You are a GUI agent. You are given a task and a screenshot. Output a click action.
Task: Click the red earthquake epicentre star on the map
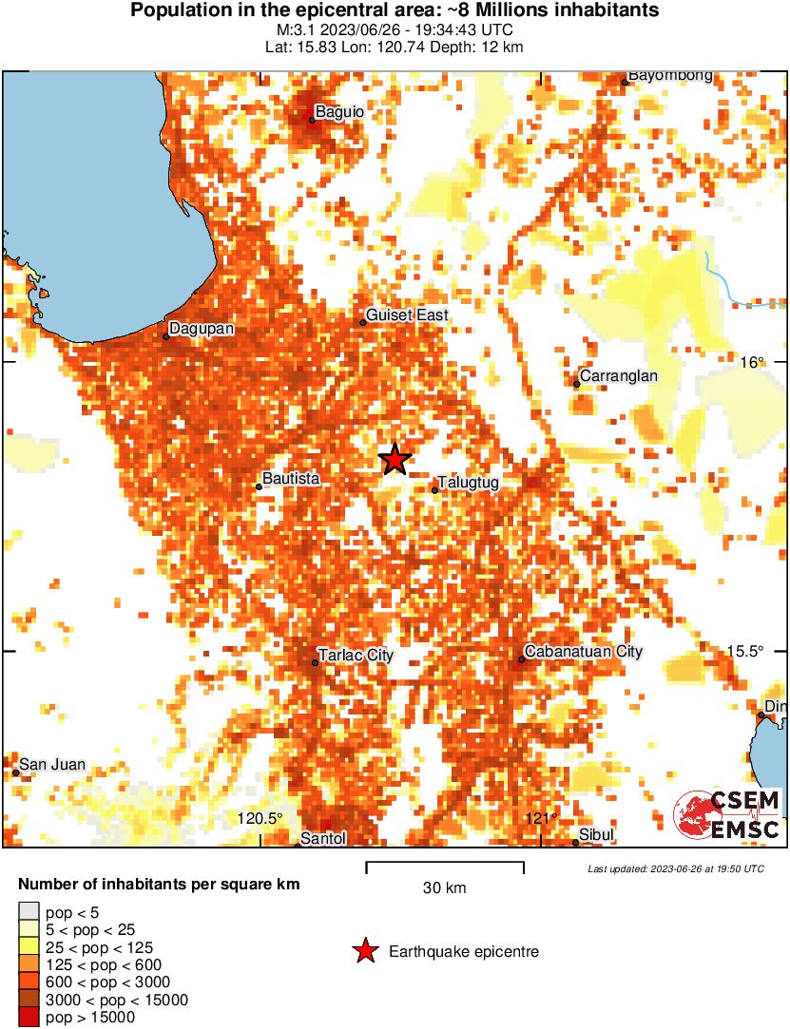[395, 459]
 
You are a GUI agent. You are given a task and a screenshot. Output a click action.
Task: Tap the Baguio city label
[339, 112]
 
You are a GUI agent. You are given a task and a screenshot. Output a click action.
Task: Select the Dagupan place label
[202, 330]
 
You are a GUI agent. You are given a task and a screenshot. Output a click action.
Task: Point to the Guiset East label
[407, 315]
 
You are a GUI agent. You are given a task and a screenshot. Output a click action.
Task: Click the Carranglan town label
[618, 376]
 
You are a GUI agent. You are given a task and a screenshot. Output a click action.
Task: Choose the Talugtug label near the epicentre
[468, 483]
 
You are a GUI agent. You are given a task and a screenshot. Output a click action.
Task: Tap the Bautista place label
[291, 480]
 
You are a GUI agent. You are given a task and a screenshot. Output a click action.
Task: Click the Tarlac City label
[356, 656]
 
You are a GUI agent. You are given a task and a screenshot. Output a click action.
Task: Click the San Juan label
[53, 765]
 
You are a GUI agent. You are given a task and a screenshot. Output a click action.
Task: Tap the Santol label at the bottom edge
[323, 839]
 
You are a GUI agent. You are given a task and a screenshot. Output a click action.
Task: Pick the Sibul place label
[597, 835]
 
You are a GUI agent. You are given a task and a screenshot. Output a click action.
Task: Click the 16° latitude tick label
[752, 362]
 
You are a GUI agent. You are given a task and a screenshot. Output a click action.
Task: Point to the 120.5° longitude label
[260, 819]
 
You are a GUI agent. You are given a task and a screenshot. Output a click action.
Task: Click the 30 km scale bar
[445, 867]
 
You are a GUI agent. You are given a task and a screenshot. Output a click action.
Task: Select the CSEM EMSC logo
[728, 814]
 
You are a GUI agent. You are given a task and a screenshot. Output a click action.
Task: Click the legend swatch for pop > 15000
[29, 1018]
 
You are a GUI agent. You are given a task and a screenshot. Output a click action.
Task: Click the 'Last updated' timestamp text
[675, 868]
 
